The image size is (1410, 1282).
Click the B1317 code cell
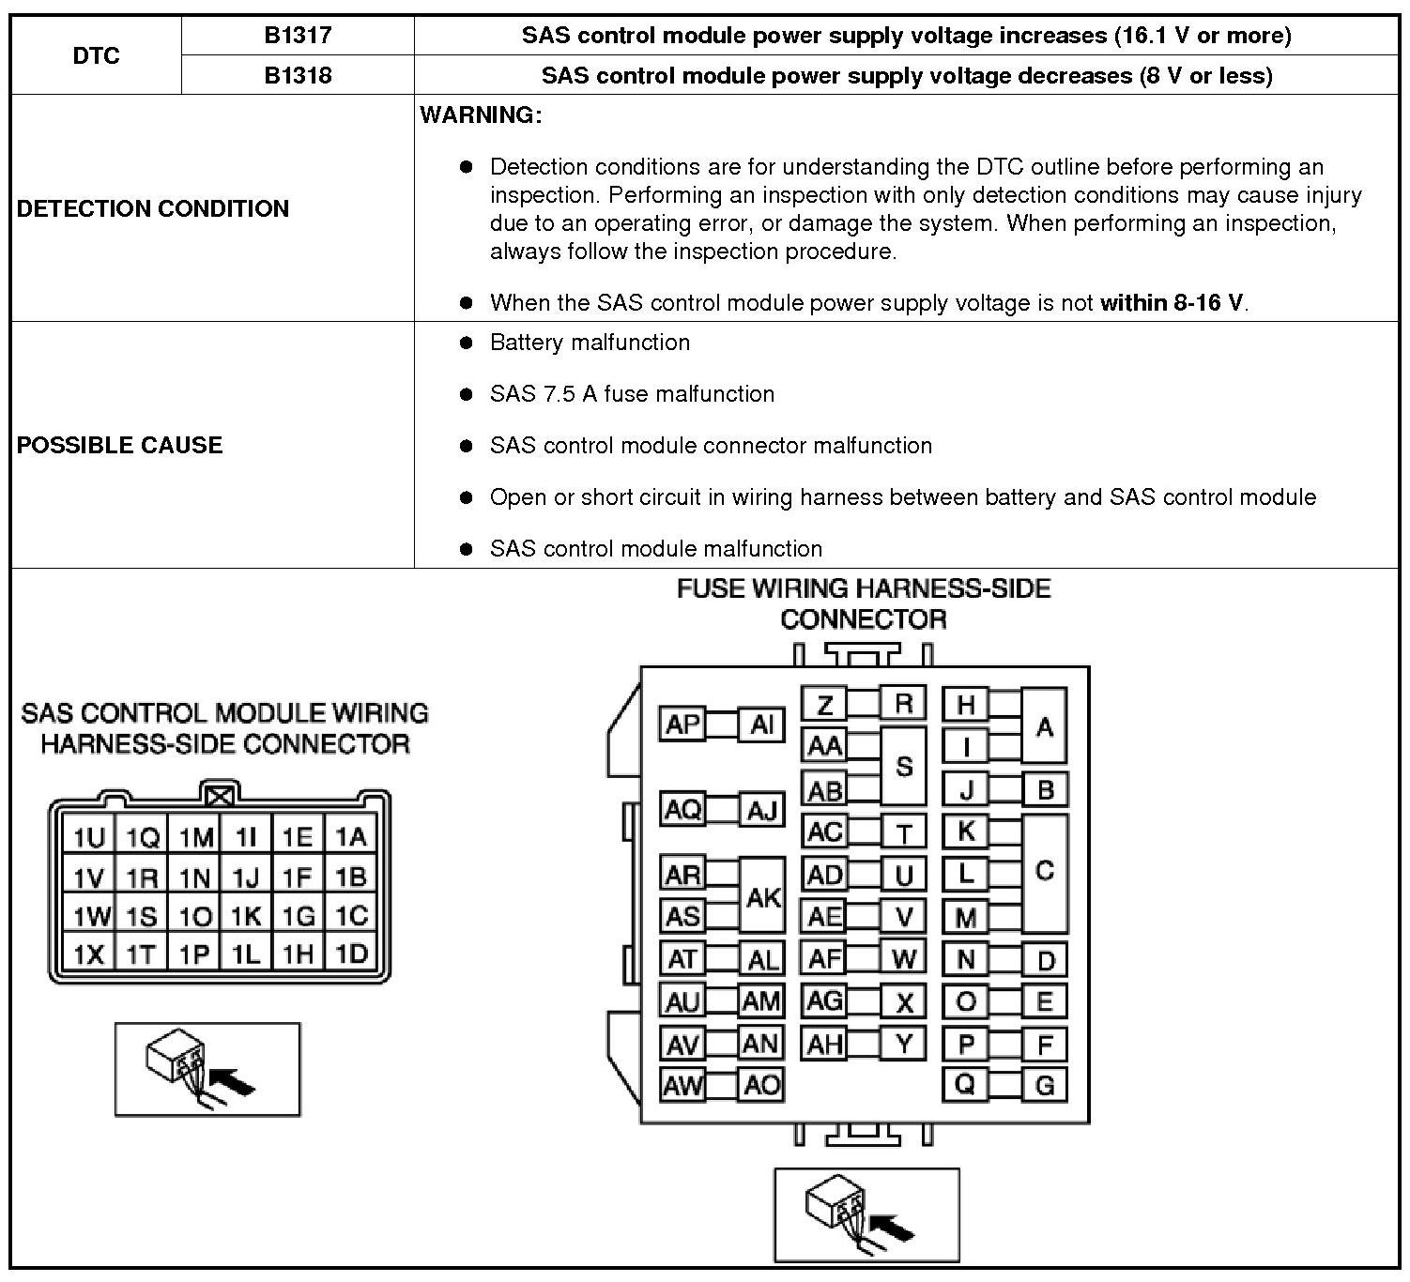pos(297,36)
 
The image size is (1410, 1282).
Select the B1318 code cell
pos(297,75)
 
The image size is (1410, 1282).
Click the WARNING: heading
pos(481,115)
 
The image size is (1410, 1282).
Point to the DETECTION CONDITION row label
pos(153,208)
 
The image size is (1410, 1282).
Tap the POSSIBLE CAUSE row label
pos(120,445)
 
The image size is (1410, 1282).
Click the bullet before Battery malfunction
pos(466,343)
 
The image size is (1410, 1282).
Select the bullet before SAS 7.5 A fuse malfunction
pos(466,394)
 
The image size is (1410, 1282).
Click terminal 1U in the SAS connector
pos(89,837)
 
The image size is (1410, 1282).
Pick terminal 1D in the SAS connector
pos(351,954)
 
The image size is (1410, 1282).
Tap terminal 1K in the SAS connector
pos(246,916)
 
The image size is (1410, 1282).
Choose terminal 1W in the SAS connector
pos(90,916)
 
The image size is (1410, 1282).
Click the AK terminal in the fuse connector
pos(762,896)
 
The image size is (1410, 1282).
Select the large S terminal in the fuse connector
pos(903,766)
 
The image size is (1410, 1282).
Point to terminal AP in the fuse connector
pos(682,725)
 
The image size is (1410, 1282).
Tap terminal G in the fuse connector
pos(1044,1086)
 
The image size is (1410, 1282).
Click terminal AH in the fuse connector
pos(824,1044)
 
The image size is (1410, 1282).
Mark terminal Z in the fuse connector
pos(823,704)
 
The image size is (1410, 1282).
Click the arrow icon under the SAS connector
pos(207,1069)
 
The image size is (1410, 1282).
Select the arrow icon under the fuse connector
pos(866,1214)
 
